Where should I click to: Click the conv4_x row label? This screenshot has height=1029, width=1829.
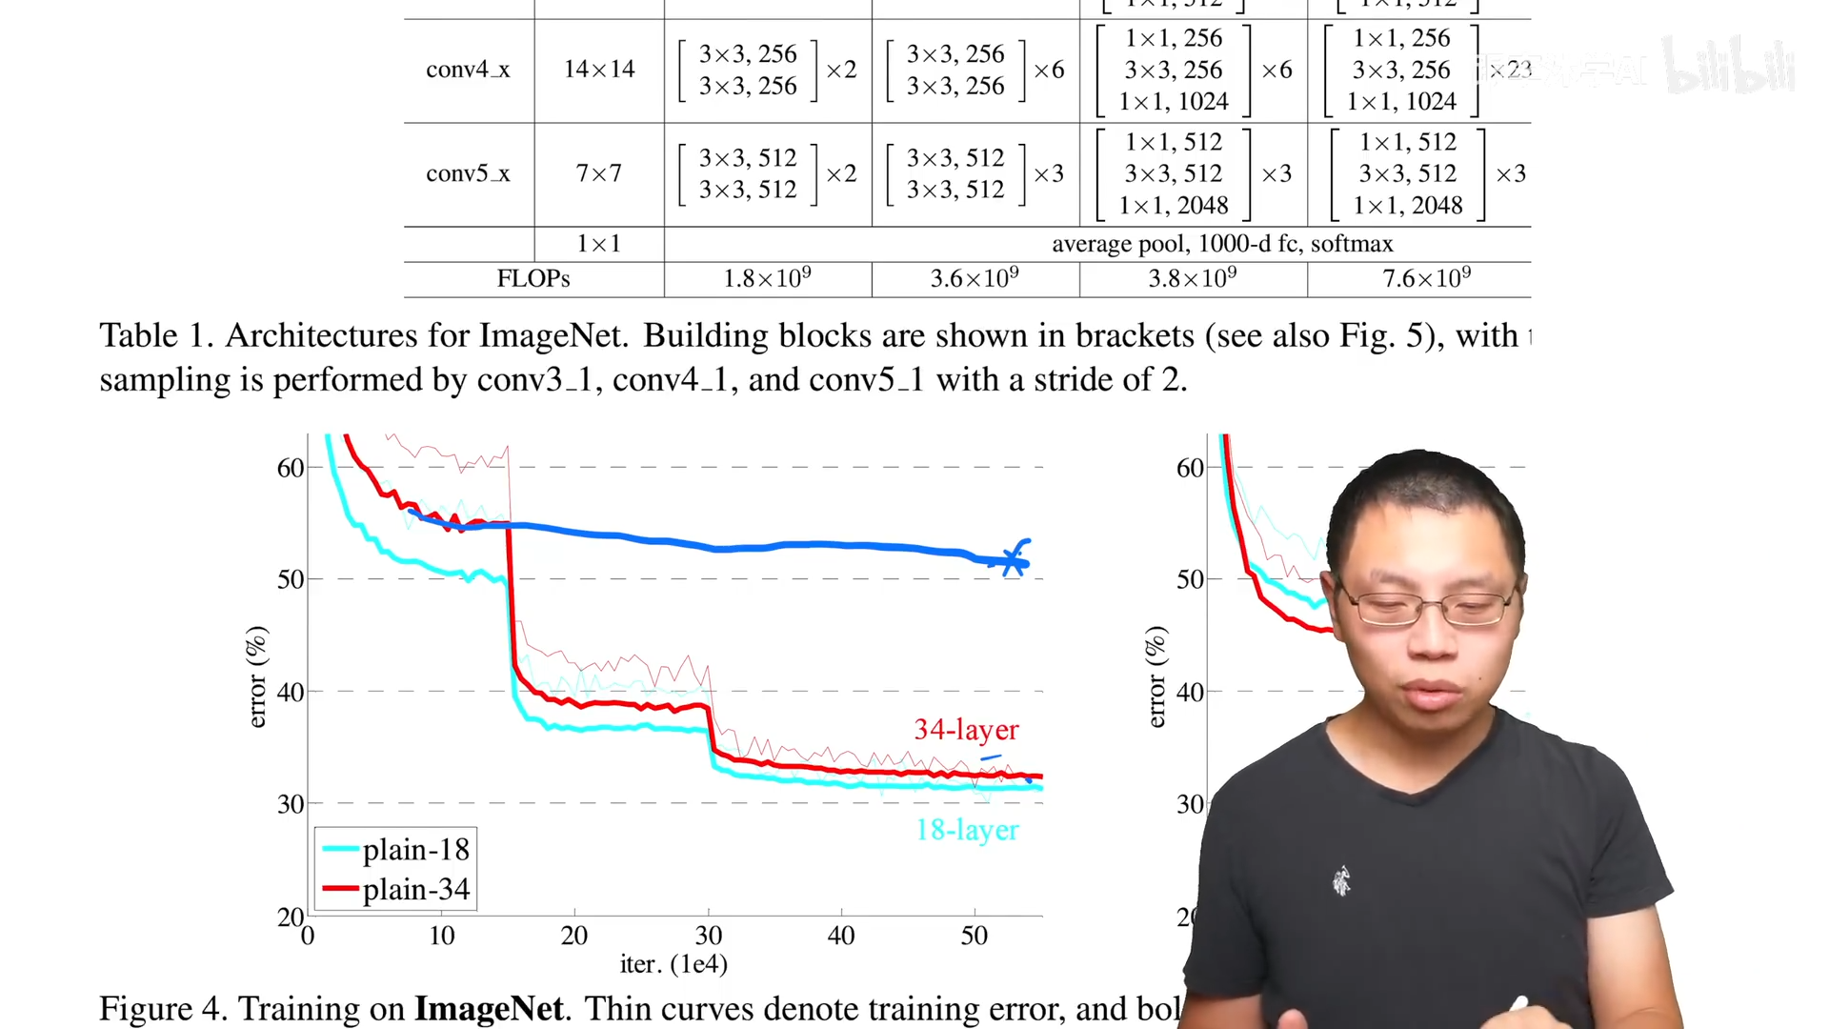click(468, 70)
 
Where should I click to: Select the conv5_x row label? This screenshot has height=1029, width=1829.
click(468, 173)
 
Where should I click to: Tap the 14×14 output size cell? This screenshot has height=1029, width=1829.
click(598, 70)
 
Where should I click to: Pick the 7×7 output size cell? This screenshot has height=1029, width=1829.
click(598, 173)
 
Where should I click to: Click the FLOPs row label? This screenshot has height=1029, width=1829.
click(533, 278)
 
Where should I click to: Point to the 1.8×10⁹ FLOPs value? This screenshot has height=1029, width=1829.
click(767, 278)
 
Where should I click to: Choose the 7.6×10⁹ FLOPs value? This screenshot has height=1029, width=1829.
click(1426, 278)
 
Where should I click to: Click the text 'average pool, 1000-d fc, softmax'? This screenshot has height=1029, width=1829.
click(1222, 244)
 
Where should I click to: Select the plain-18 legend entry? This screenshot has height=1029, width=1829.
click(396, 849)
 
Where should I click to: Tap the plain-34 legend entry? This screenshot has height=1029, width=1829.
click(396, 889)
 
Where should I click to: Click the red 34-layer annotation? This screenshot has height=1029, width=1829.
click(966, 730)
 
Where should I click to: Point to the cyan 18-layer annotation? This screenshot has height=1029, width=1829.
click(967, 830)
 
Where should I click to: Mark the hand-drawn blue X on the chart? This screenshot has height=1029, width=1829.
click(1013, 560)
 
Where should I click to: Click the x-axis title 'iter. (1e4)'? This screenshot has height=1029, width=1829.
click(673, 964)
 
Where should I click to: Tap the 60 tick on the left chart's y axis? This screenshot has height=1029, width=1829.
click(291, 468)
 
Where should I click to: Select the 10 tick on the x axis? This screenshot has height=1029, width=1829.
click(441, 936)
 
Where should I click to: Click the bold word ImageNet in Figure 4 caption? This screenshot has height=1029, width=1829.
click(489, 1008)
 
